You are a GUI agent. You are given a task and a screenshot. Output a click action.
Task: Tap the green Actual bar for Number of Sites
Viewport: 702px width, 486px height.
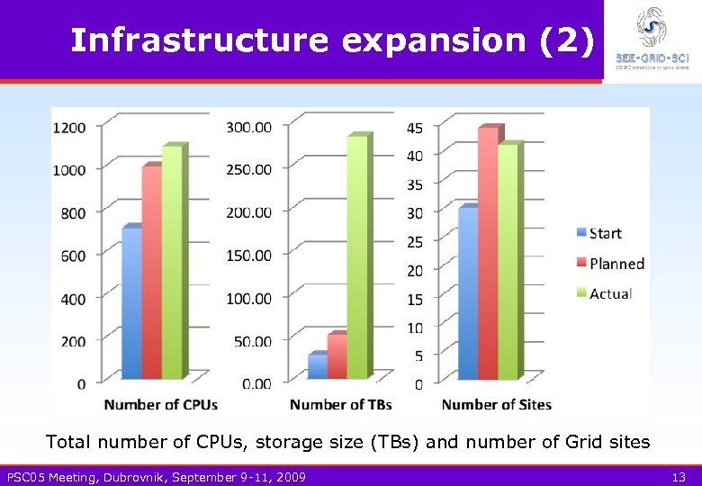click(508, 261)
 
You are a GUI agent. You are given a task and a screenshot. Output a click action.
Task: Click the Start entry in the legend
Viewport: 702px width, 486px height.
click(605, 234)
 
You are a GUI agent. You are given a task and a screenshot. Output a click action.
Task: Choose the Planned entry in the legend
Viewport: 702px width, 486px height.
click(616, 264)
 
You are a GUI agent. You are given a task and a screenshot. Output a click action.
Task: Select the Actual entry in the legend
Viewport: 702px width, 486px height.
click(610, 293)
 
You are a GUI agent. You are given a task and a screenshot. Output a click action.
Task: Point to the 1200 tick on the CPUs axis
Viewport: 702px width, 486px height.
click(69, 128)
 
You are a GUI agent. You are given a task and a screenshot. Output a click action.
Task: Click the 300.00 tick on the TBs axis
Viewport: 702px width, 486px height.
click(247, 127)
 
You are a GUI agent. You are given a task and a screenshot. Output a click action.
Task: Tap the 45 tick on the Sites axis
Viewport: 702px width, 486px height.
click(415, 128)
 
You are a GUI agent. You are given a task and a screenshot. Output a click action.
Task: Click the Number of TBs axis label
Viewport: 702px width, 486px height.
click(340, 405)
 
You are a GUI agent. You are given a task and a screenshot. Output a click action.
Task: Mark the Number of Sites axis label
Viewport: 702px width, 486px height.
click(496, 405)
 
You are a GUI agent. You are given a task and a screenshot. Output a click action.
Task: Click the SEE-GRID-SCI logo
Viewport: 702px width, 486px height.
click(652, 39)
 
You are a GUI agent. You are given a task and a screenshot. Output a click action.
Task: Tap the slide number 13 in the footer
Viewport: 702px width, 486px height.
click(679, 476)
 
